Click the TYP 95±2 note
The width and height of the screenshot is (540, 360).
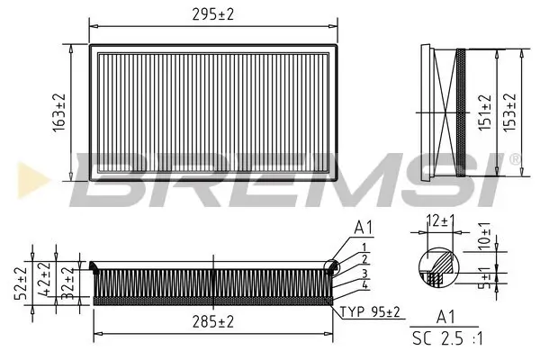371,311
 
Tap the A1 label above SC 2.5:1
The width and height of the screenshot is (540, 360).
444,316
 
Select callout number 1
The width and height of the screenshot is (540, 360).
364,247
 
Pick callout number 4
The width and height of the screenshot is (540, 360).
364,285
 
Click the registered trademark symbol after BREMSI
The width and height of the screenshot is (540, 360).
515,159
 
